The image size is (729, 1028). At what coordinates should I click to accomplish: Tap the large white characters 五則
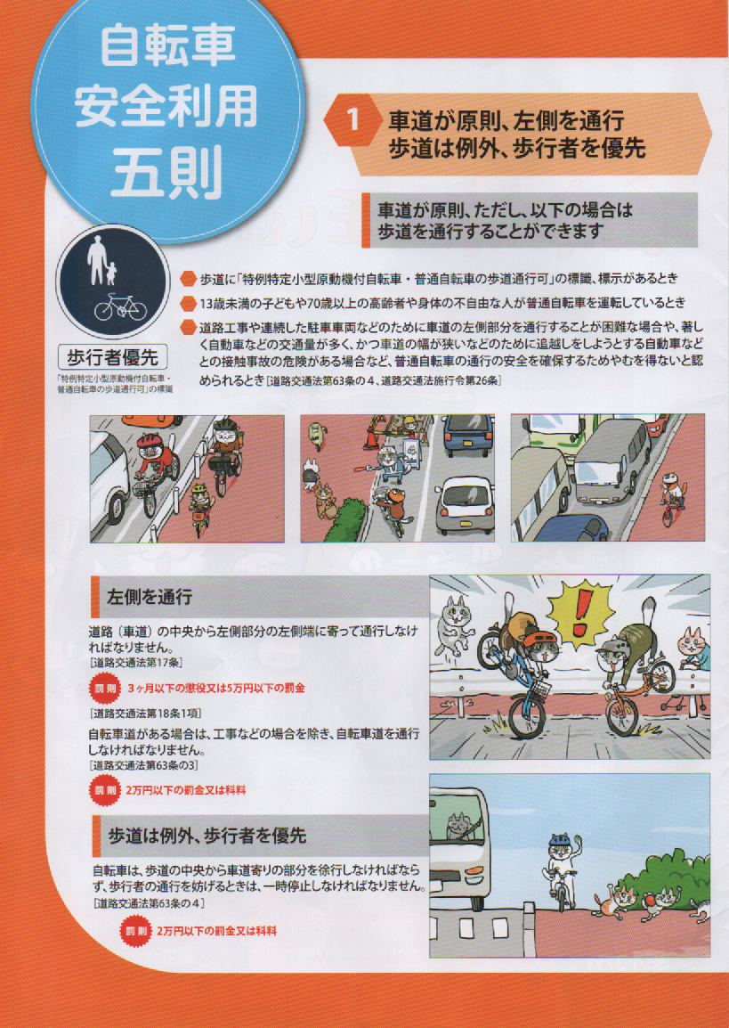[x=167, y=175]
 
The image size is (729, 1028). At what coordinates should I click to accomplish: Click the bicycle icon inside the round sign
[x=120, y=306]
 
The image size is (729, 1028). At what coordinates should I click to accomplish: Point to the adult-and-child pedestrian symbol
[x=101, y=260]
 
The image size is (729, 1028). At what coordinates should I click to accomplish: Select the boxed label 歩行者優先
[x=112, y=357]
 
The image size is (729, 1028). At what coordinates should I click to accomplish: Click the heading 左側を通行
[x=150, y=597]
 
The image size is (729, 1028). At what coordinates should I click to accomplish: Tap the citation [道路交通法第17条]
[x=136, y=662]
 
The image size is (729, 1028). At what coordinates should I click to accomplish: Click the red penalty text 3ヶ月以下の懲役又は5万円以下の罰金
[x=215, y=689]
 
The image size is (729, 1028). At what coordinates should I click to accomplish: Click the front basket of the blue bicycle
[x=540, y=689]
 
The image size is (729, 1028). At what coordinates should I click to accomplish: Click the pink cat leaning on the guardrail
[x=693, y=647]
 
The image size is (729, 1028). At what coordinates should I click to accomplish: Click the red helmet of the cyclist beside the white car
[x=149, y=440]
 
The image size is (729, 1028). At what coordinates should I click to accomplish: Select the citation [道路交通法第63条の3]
[x=143, y=765]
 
